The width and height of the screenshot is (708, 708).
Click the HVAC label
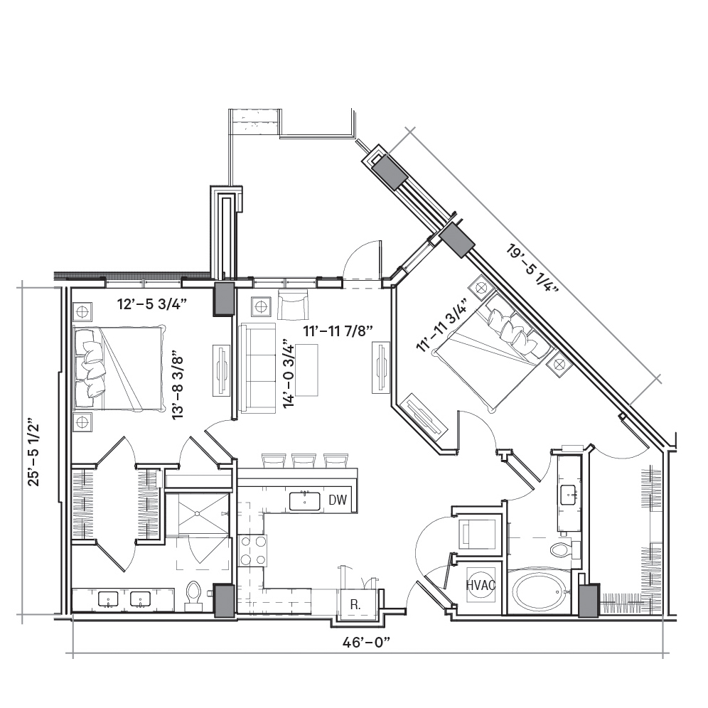[481, 585]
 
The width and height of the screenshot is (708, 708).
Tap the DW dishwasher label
[338, 500]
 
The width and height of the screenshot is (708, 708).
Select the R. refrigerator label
[355, 605]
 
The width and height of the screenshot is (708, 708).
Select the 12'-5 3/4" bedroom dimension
[152, 304]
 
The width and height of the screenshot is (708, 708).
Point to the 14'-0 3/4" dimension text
[289, 376]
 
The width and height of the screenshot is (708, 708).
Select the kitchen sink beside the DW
[305, 501]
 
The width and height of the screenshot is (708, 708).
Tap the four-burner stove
[253, 550]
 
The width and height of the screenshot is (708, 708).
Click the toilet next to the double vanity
[193, 593]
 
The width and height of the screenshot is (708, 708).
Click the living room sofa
[258, 368]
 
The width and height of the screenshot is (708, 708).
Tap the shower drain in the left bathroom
[198, 513]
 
